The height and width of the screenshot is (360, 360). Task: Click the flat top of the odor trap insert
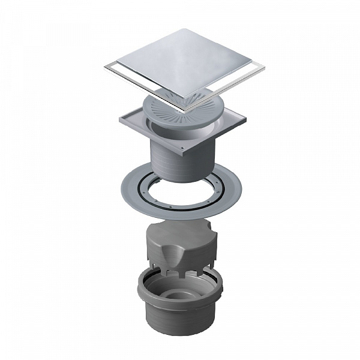point(180,231)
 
